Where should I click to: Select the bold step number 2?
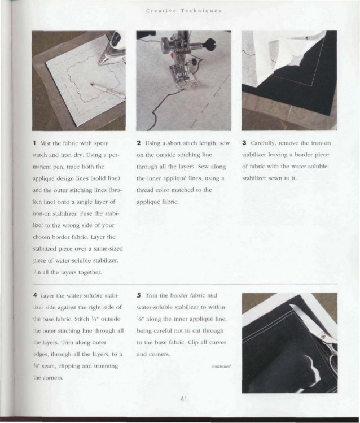pos(138,143)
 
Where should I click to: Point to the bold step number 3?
pos(243,143)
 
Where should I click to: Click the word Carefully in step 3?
pos(262,143)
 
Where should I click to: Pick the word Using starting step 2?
pos(153,143)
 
